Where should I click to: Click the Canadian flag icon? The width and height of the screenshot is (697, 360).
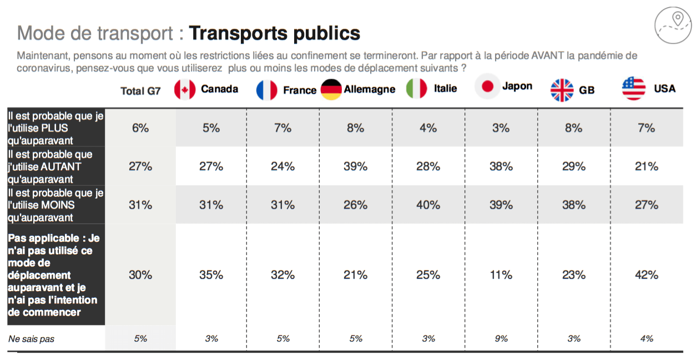click(185, 90)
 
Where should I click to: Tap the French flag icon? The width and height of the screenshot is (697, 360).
click(267, 90)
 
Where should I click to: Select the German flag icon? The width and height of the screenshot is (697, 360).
click(331, 89)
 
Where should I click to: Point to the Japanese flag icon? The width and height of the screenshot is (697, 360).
click(487, 87)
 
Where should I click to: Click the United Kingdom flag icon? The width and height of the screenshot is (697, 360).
click(562, 90)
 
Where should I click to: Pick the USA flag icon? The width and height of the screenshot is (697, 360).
click(634, 89)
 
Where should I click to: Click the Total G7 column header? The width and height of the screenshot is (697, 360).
click(140, 91)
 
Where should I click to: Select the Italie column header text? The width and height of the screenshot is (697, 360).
click(446, 89)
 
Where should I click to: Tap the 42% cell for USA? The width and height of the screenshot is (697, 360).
click(647, 275)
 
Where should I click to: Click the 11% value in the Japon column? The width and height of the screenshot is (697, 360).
click(501, 275)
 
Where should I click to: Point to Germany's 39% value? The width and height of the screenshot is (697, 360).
click(355, 166)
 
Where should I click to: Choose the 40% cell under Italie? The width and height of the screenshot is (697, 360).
click(428, 205)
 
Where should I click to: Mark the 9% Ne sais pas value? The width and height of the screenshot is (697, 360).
click(501, 338)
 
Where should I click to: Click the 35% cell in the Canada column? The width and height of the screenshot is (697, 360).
click(211, 275)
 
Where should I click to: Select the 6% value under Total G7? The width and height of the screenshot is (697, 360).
click(140, 128)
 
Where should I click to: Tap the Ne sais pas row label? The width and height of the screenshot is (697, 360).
click(31, 339)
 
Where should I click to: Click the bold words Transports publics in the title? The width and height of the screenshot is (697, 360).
click(274, 33)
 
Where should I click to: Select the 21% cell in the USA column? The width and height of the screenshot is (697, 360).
click(647, 166)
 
